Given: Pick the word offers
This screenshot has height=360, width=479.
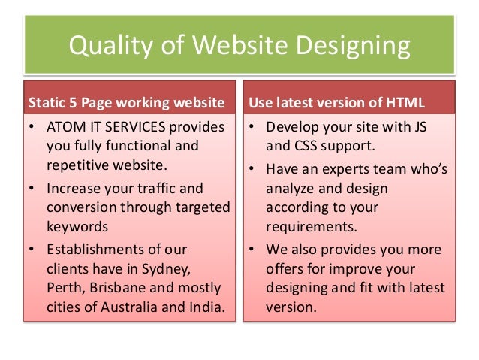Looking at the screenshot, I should click(287, 268).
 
